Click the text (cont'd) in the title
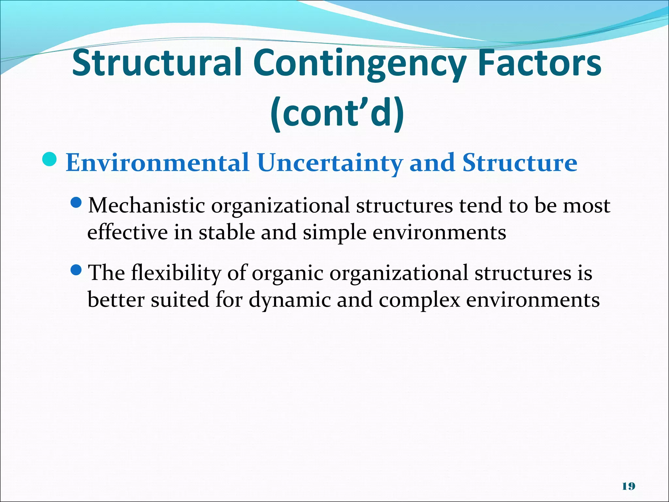pyautogui.click(x=337, y=113)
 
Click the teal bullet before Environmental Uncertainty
pyautogui.click(x=49, y=159)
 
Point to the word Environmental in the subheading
pyautogui.click(x=157, y=163)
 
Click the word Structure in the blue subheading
pyautogui.click(x=520, y=163)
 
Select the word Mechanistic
pyautogui.click(x=147, y=206)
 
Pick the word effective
pyautogui.click(x=127, y=233)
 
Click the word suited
pyautogui.click(x=180, y=300)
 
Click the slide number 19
pyautogui.click(x=628, y=486)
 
